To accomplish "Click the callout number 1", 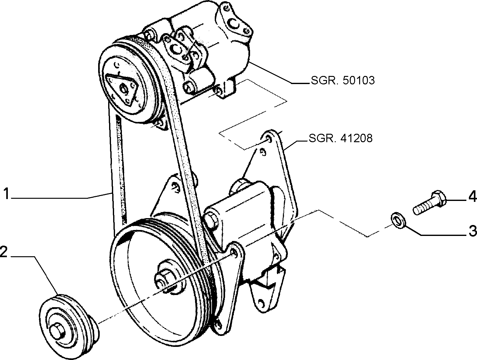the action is [7, 194].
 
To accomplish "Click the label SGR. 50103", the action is [343, 81].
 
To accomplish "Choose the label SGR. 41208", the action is [340, 138].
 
